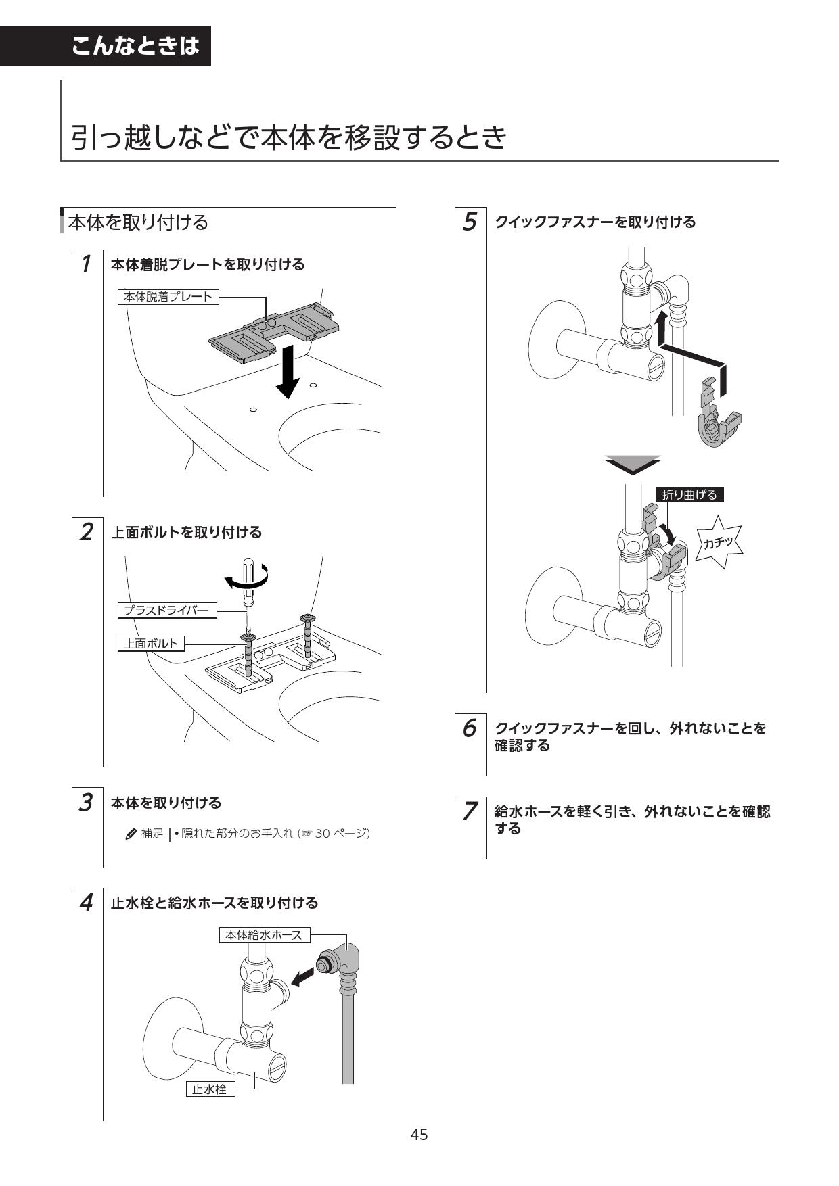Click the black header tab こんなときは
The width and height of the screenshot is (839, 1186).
tap(135, 46)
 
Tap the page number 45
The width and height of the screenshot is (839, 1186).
tap(419, 1135)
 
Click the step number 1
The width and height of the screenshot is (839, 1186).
tap(85, 264)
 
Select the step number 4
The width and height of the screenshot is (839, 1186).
tap(85, 903)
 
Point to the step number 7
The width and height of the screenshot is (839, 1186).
tap(469, 811)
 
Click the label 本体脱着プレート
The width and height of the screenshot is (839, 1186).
tap(168, 296)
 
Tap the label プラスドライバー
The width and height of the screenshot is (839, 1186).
tap(166, 611)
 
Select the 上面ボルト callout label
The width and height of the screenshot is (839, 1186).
tap(151, 644)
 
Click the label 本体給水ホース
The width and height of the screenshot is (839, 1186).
tap(265, 935)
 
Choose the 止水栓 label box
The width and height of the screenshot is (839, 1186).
tap(210, 1089)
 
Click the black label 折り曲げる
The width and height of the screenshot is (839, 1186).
tap(689, 495)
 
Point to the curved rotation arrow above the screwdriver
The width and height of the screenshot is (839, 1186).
tap(248, 579)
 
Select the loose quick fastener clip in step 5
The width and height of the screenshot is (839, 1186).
tap(718, 415)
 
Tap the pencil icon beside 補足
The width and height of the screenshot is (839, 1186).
tap(131, 834)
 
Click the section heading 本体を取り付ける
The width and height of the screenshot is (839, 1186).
tap(138, 222)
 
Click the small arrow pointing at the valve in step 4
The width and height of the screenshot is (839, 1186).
tap(302, 976)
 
